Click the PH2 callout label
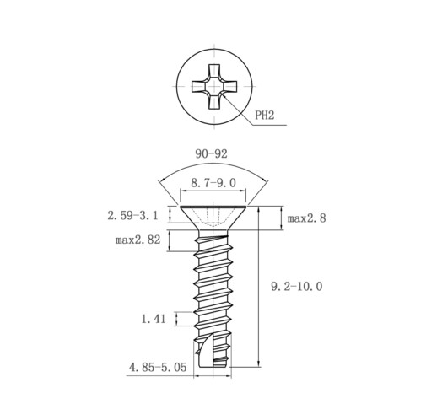pos(264,115)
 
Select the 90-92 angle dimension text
pos(211,153)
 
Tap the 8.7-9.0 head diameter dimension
pos(213,183)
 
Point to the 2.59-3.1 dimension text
pos(132,216)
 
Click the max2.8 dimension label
pos(306,218)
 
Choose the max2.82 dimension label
pos(138,240)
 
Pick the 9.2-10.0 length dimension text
pos(297,286)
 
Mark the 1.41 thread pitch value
pos(154,319)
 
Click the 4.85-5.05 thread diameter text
pos(158,367)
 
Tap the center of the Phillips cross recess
pos(214,86)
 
